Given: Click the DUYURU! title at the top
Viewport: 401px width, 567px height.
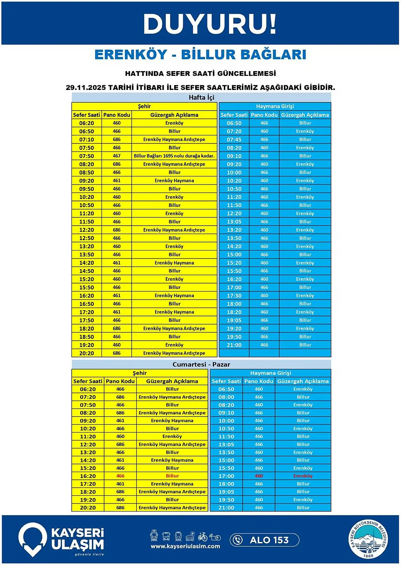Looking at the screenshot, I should point(210,24).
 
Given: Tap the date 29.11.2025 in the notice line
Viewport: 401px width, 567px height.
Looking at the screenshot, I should point(86,87).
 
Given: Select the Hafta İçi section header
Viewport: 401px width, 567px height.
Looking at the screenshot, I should point(201,97).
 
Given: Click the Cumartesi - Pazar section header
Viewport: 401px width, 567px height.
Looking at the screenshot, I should point(201,365).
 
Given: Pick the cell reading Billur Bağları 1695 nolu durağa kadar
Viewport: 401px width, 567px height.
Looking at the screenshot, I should point(174,156).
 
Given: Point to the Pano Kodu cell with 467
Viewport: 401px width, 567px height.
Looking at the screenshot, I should point(117,156).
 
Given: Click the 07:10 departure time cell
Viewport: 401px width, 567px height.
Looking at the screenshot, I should point(86,139).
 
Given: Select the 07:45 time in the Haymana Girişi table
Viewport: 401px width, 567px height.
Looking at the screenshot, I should point(234,139).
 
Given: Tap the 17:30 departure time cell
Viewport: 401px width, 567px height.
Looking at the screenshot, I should point(234,296).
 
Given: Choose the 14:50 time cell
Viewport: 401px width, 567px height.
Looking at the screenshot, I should point(86,271).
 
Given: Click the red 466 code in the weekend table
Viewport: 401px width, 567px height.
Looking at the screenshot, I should point(120,476).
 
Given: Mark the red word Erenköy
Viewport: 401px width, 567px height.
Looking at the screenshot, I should point(303,476).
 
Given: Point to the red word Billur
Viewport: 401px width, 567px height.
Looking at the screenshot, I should point(172,476).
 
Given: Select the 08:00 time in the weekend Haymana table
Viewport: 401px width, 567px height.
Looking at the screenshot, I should point(226,397).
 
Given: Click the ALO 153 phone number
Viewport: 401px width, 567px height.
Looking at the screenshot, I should point(269,540).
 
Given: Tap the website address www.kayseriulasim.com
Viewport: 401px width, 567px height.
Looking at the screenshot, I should point(185,546).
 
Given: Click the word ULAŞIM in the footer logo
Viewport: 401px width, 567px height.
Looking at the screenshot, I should point(77,545).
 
